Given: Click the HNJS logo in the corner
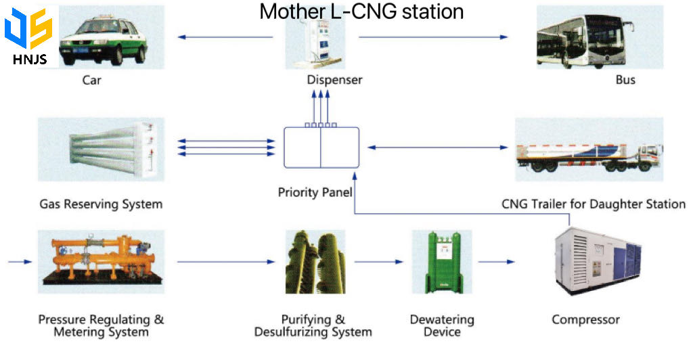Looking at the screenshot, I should (x=28, y=37).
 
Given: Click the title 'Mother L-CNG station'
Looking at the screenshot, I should (x=361, y=12).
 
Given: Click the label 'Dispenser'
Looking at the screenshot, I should (x=334, y=80).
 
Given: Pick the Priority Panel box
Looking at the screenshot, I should (x=321, y=147).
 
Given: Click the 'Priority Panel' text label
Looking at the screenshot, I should (x=315, y=192).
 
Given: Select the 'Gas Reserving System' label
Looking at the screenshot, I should (x=101, y=204).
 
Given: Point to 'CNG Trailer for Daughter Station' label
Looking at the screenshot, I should (x=594, y=204).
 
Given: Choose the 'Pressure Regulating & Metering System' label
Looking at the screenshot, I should (x=101, y=325).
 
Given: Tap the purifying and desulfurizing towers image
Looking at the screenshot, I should (x=315, y=261).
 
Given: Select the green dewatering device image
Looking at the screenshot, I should (x=441, y=261).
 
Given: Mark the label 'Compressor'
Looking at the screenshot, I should (x=585, y=319).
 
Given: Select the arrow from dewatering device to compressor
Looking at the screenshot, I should (x=500, y=261).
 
